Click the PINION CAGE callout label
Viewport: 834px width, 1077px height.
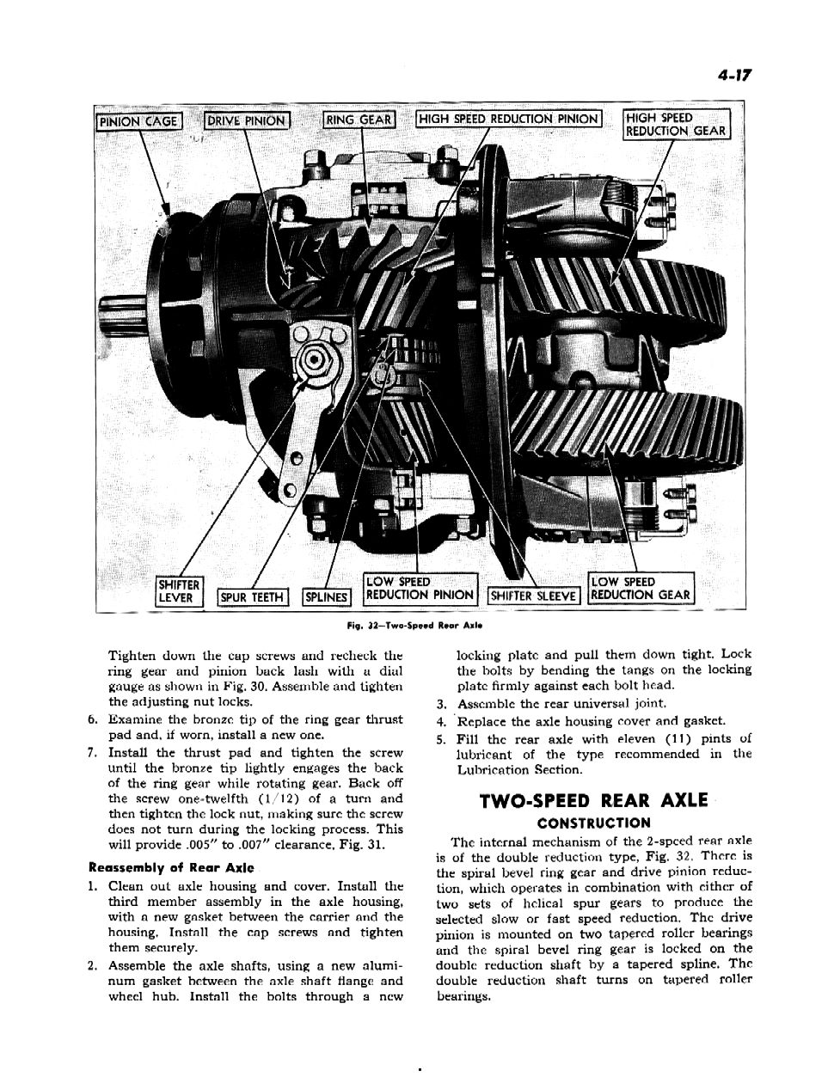click(138, 121)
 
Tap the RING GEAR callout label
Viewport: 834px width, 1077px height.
click(358, 119)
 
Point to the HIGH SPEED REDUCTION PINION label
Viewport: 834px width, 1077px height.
click(509, 119)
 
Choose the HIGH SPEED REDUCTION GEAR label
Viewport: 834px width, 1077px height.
click(676, 124)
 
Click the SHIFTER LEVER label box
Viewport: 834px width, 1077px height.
click(178, 591)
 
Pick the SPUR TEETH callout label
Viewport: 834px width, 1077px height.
click(254, 597)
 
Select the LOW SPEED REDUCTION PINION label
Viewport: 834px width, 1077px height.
click(420, 588)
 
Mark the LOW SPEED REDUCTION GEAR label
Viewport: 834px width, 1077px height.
click(641, 588)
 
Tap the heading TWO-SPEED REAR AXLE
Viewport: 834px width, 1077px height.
click(593, 801)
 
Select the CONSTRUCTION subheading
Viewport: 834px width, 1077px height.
click(593, 823)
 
